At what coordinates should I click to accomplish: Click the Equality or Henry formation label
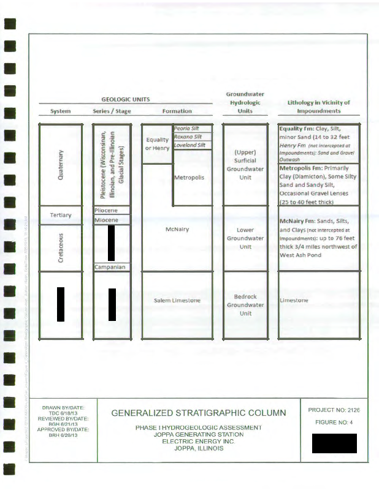pyautogui.click(x=158, y=144)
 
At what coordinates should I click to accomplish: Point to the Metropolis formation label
pyautogui.click(x=189, y=178)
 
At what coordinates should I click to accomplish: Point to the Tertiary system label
pyautogui.click(x=60, y=215)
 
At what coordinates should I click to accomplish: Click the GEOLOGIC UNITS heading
pyautogui.click(x=126, y=99)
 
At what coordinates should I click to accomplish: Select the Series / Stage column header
pyautogui.click(x=112, y=111)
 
